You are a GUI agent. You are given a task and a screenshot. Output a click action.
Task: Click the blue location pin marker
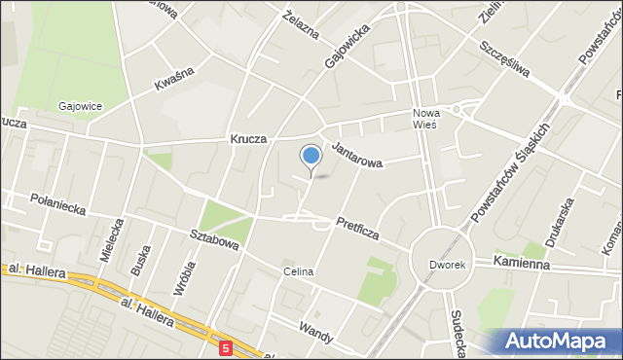311,157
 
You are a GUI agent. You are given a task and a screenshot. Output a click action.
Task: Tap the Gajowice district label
81,106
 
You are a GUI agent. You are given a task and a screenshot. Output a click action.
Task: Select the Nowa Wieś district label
424,118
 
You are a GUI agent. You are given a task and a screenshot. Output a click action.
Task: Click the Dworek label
448,264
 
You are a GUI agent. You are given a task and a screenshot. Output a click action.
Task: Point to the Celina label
299,271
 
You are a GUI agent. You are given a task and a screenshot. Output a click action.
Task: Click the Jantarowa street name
358,154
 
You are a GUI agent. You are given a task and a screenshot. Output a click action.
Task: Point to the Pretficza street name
357,229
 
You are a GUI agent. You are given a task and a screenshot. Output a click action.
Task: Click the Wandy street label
317,334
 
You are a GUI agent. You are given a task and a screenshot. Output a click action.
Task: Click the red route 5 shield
225,346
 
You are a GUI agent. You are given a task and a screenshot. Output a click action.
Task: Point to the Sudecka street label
457,331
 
